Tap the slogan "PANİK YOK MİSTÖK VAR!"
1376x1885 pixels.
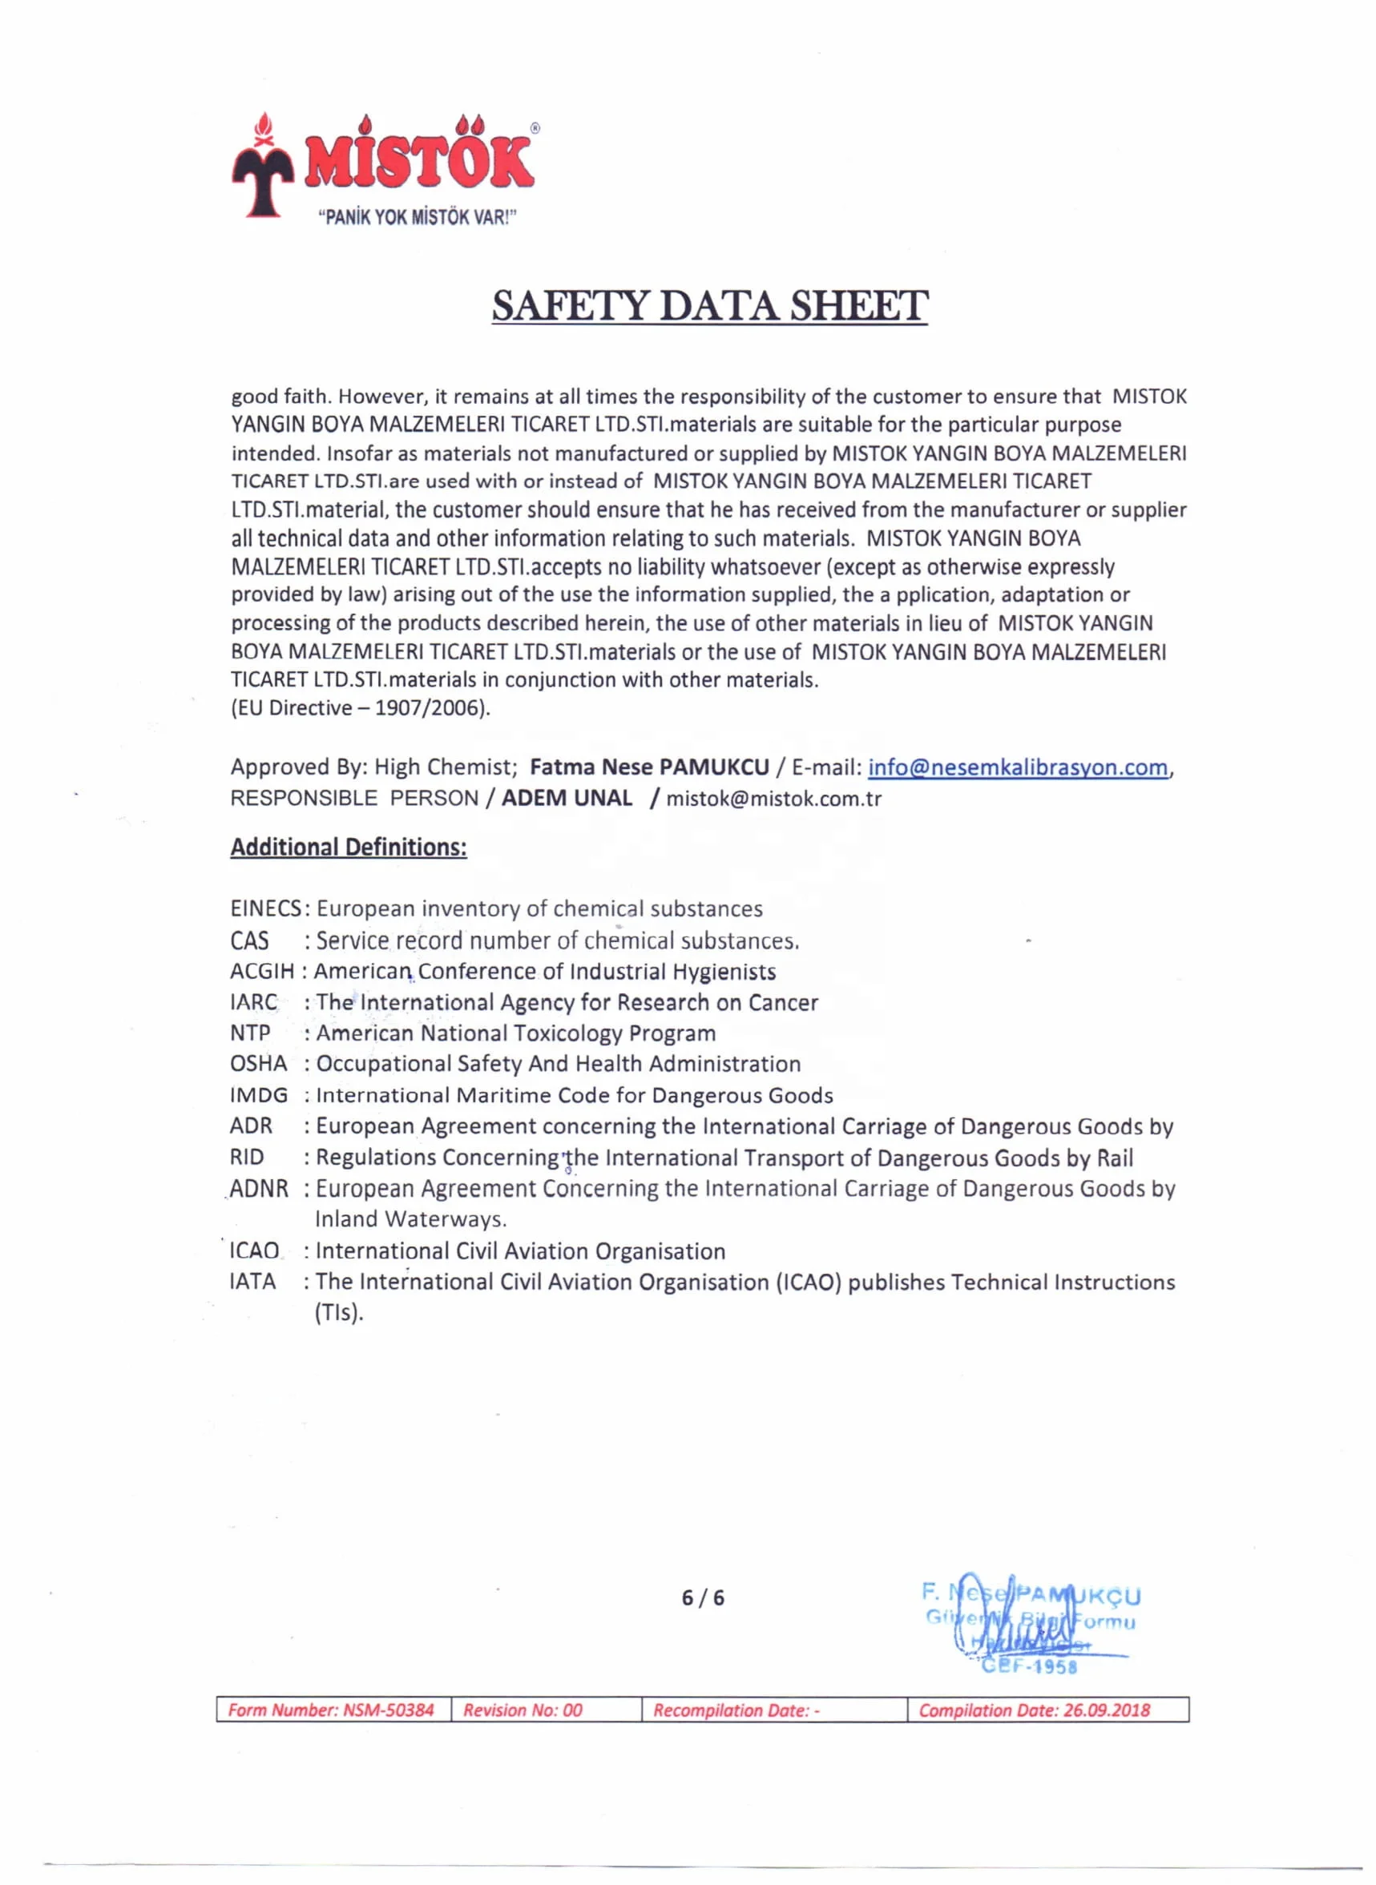(418, 218)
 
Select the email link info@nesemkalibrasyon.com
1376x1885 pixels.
(1017, 767)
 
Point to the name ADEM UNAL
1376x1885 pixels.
(567, 798)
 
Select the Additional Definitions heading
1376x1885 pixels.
(348, 847)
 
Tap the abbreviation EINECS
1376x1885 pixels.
(266, 908)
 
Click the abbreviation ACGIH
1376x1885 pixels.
(261, 971)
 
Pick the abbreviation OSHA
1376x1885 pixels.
(258, 1063)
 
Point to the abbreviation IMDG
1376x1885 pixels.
(258, 1095)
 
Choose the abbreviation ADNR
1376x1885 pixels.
(259, 1188)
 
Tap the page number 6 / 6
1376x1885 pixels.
(703, 1597)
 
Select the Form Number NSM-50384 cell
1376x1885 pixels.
(333, 1710)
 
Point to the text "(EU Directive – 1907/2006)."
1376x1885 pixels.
(361, 707)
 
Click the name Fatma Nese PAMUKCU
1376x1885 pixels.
(650, 767)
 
